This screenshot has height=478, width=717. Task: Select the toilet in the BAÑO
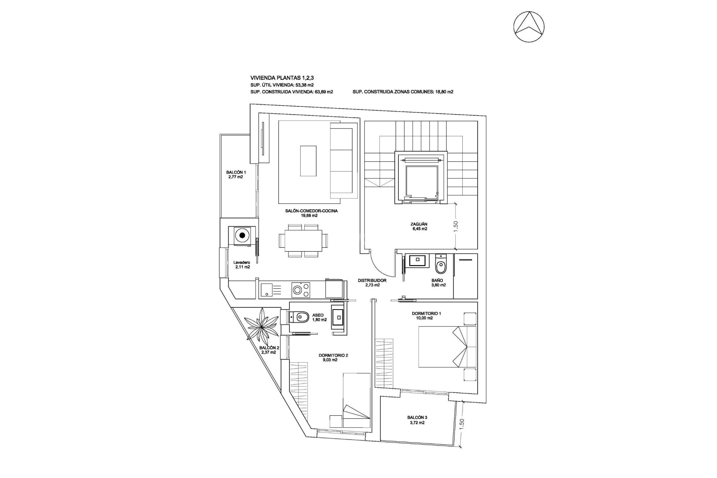tap(441, 266)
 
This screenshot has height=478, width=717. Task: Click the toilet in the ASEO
tap(301, 317)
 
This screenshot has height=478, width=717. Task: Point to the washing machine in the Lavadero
tap(243, 236)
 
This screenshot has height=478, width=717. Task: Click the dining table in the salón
tap(301, 241)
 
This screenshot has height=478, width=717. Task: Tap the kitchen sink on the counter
tap(267, 290)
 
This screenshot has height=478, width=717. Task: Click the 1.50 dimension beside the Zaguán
tap(455, 226)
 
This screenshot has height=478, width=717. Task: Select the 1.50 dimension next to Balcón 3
tap(462, 424)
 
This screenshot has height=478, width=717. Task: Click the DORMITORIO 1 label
tap(428, 313)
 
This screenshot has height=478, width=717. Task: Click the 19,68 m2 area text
tap(309, 215)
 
